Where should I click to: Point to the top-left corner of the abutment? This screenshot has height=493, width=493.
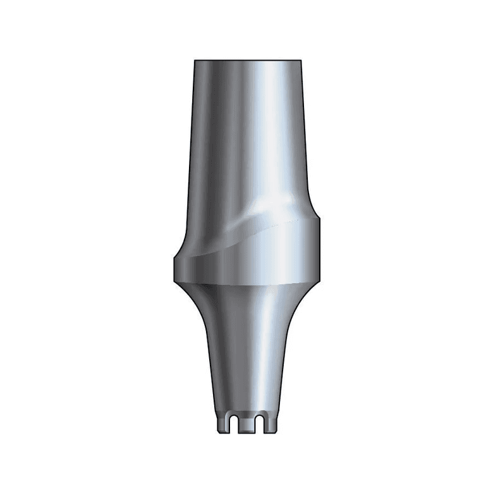tap(195, 61)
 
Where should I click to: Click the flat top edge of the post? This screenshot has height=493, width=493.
tap(248, 60)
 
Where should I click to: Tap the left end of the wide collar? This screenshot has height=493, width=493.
tap(173, 269)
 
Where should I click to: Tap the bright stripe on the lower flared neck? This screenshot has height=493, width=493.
tap(269, 354)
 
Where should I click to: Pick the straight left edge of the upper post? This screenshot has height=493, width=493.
tap(191, 139)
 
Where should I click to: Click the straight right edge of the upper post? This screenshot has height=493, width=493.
tap(306, 139)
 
